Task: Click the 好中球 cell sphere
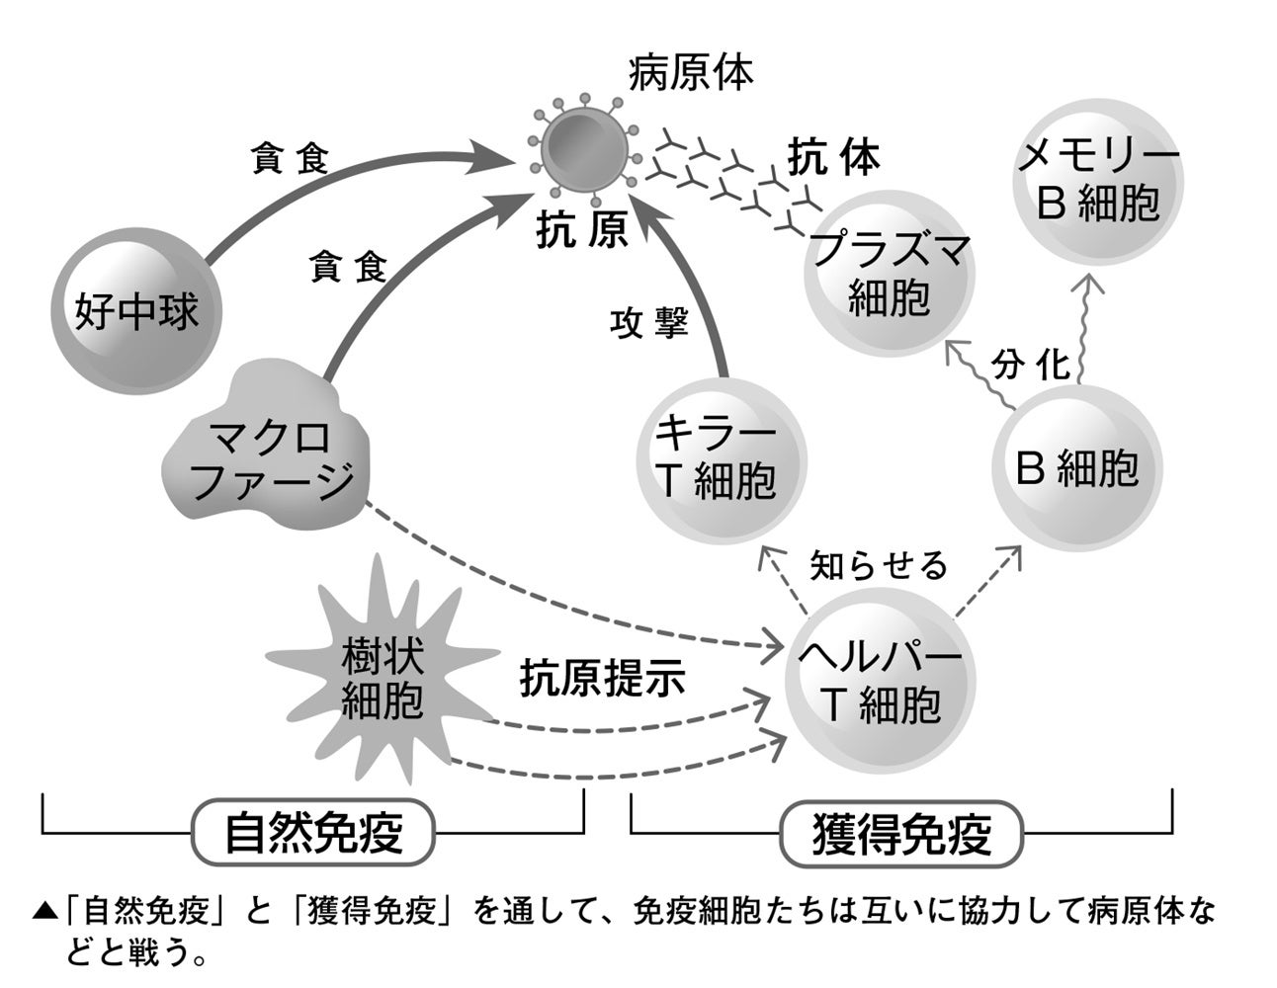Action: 137,312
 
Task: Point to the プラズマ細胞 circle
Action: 888,274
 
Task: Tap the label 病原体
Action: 691,73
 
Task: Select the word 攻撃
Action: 648,323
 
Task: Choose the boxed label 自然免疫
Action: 314,832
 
